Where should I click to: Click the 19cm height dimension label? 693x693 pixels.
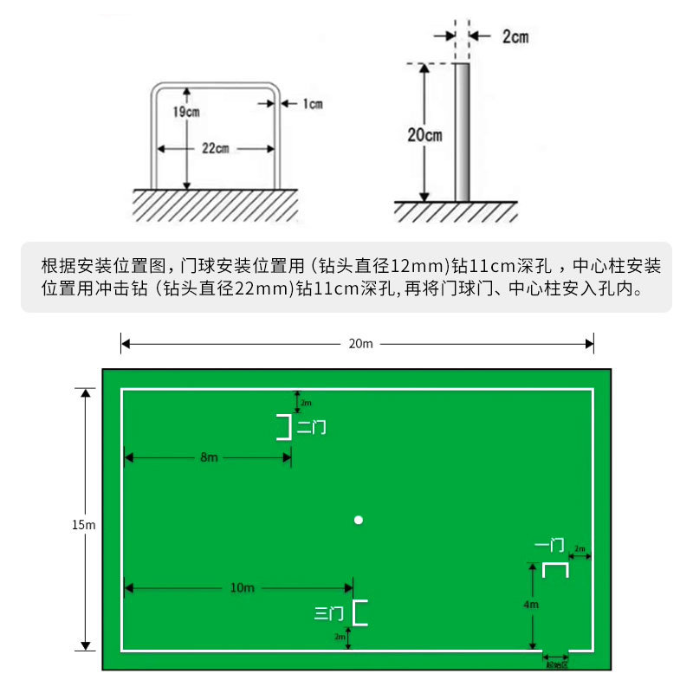(x=185, y=113)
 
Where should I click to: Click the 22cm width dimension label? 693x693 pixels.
(x=215, y=149)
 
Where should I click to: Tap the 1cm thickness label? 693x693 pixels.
(x=312, y=104)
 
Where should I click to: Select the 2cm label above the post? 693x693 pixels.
(x=515, y=36)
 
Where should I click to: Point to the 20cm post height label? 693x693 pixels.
(x=424, y=134)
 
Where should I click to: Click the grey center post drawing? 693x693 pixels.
(x=463, y=132)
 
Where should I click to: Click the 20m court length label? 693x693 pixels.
(x=360, y=344)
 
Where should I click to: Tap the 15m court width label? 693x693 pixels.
(x=83, y=524)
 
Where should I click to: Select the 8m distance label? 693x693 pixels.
(x=209, y=457)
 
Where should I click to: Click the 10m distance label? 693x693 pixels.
(x=243, y=588)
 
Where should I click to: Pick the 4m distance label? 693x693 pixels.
(x=532, y=604)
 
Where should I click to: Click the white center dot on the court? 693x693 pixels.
(x=358, y=520)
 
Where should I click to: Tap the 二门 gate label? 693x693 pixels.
(x=312, y=427)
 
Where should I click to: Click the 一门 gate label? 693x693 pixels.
(x=549, y=546)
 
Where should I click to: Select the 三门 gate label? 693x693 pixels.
(x=329, y=613)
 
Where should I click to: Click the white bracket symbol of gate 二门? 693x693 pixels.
(x=283, y=427)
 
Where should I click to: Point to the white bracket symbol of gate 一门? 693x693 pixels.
(x=555, y=569)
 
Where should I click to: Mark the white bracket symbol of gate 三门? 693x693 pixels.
(x=360, y=612)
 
